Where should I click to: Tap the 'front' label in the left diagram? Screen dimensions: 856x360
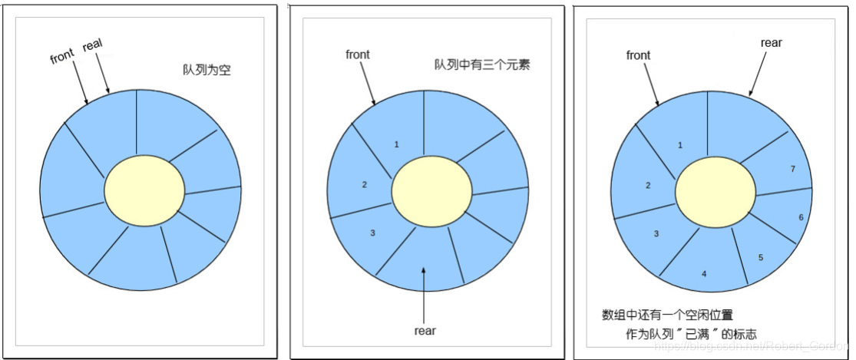point(63,58)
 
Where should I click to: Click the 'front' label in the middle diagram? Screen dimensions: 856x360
point(358,54)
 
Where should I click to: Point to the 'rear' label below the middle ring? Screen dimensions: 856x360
point(425,331)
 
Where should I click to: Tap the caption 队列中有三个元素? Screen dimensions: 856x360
point(482,64)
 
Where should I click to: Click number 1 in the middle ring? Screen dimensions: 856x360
point(396,144)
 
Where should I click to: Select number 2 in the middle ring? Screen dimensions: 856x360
point(365,184)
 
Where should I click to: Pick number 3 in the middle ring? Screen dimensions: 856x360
point(372,232)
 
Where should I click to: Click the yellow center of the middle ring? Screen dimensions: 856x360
point(431,192)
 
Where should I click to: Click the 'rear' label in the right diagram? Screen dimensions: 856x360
point(771,43)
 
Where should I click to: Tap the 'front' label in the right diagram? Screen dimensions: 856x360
point(638,55)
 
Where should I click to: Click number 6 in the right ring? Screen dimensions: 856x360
point(801,218)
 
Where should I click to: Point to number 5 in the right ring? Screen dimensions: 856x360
point(760,257)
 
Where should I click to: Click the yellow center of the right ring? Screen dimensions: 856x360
point(715,192)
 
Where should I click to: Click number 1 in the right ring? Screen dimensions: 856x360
point(680,144)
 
